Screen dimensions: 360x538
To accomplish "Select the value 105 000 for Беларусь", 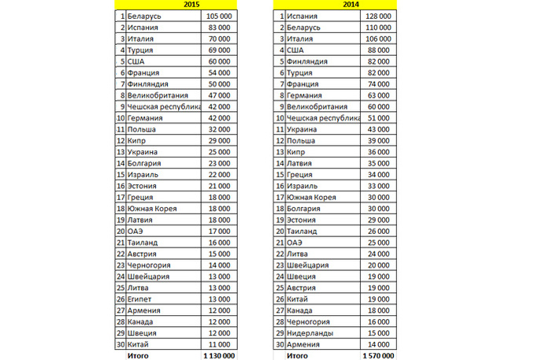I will point(215,16).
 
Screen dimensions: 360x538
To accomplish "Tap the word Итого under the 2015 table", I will point(138,356).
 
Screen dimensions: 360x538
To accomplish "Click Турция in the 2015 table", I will point(142,50).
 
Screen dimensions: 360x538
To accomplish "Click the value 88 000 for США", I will point(381,50).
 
